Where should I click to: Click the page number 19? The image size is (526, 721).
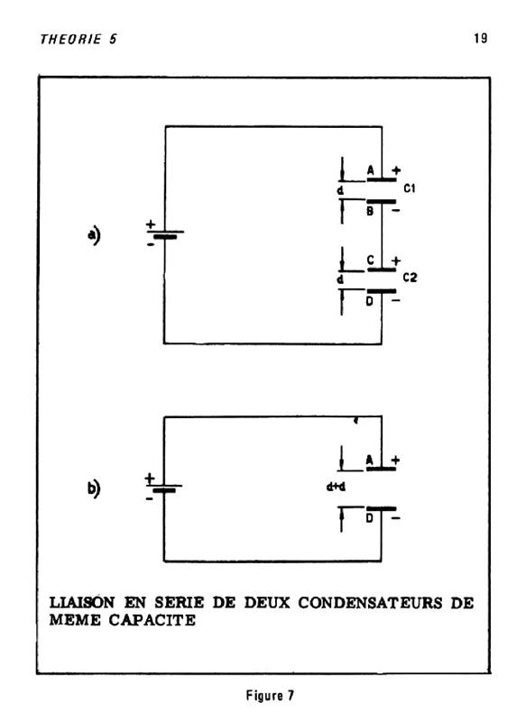tap(481, 38)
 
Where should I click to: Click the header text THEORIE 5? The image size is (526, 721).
tap(78, 39)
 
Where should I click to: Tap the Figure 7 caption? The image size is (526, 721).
tap(270, 695)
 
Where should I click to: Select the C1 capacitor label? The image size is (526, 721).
tap(409, 188)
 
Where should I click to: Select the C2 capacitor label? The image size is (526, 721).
tap(410, 278)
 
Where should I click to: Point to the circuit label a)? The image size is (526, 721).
tap(94, 235)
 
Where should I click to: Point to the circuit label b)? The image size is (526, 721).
tap(94, 488)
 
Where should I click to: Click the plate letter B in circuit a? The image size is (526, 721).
tap(370, 211)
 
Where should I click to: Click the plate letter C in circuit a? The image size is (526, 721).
tap(371, 260)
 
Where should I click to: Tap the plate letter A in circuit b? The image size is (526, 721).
tap(370, 460)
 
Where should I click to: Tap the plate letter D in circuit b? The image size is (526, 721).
tap(370, 518)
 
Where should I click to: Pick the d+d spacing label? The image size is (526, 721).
tap(336, 487)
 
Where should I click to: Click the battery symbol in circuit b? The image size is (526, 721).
tap(164, 487)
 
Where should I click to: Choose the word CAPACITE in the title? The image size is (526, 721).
tap(152, 620)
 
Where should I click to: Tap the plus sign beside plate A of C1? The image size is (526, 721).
tap(396, 170)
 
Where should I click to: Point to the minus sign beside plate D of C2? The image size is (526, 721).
tap(396, 301)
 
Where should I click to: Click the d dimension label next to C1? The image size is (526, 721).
tap(340, 190)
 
